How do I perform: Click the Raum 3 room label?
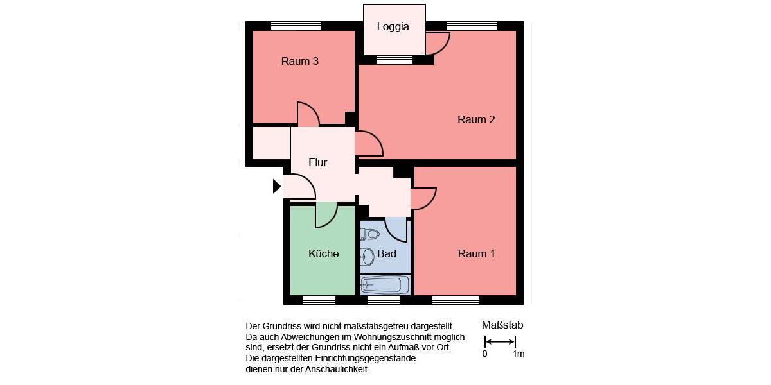pos(300,62)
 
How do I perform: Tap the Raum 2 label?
pos(475,119)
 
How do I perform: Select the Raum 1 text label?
pos(476,253)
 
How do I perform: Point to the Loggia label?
pos(393,27)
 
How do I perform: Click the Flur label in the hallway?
pos(317,162)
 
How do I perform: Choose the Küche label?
pos(323,253)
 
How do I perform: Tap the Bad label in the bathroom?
pos(387,253)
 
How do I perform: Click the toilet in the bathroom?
pos(369,234)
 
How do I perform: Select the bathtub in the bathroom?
pos(384,284)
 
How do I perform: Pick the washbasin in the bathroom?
pos(368,257)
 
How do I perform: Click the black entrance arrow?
pos(277,186)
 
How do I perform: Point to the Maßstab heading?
pos(502,325)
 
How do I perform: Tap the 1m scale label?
pos(518,354)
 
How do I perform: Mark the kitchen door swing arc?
pos(326,216)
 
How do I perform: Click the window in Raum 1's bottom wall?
pos(456,300)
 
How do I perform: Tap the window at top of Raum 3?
pos(296,26)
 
